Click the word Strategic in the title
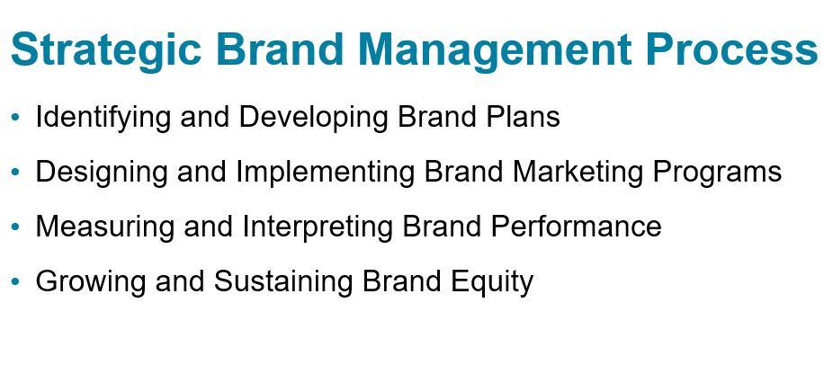coord(105,49)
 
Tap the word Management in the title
coord(493,49)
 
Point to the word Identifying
coord(103,118)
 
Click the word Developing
coord(312,118)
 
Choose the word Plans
coord(520,116)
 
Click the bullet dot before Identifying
coord(14,117)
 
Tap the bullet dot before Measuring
coord(14,227)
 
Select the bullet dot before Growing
coord(14,282)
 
